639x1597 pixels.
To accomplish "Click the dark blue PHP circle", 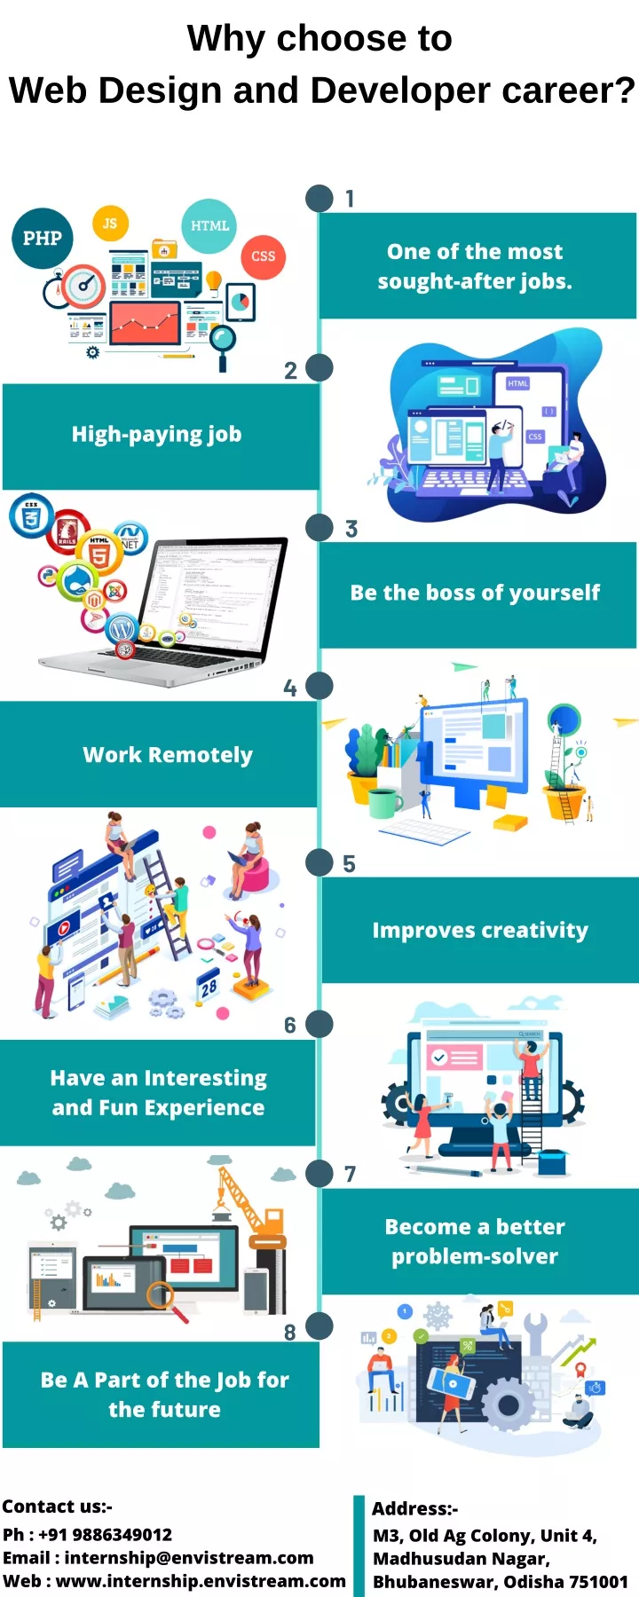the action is [x=43, y=238].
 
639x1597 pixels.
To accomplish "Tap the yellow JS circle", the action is [x=110, y=224].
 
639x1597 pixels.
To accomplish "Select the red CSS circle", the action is [x=264, y=256].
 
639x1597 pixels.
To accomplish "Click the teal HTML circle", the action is [x=209, y=225].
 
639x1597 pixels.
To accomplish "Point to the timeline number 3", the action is [x=351, y=530].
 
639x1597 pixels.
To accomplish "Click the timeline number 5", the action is [x=349, y=864].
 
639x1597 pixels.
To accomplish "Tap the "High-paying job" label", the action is [x=157, y=435].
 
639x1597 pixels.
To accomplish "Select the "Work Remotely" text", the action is [x=168, y=755].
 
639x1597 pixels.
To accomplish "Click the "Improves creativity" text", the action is [x=480, y=931].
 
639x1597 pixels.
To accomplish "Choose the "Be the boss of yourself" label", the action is [x=476, y=593].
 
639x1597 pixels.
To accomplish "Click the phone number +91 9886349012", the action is [x=106, y=1535].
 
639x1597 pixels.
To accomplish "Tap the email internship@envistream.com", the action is [x=189, y=1558].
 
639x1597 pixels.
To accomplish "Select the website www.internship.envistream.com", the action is [x=201, y=1581].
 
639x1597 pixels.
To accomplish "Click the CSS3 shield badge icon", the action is [x=32, y=515].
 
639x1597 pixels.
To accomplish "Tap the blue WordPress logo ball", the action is [x=122, y=629].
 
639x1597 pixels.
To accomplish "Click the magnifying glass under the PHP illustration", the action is [x=222, y=344].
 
